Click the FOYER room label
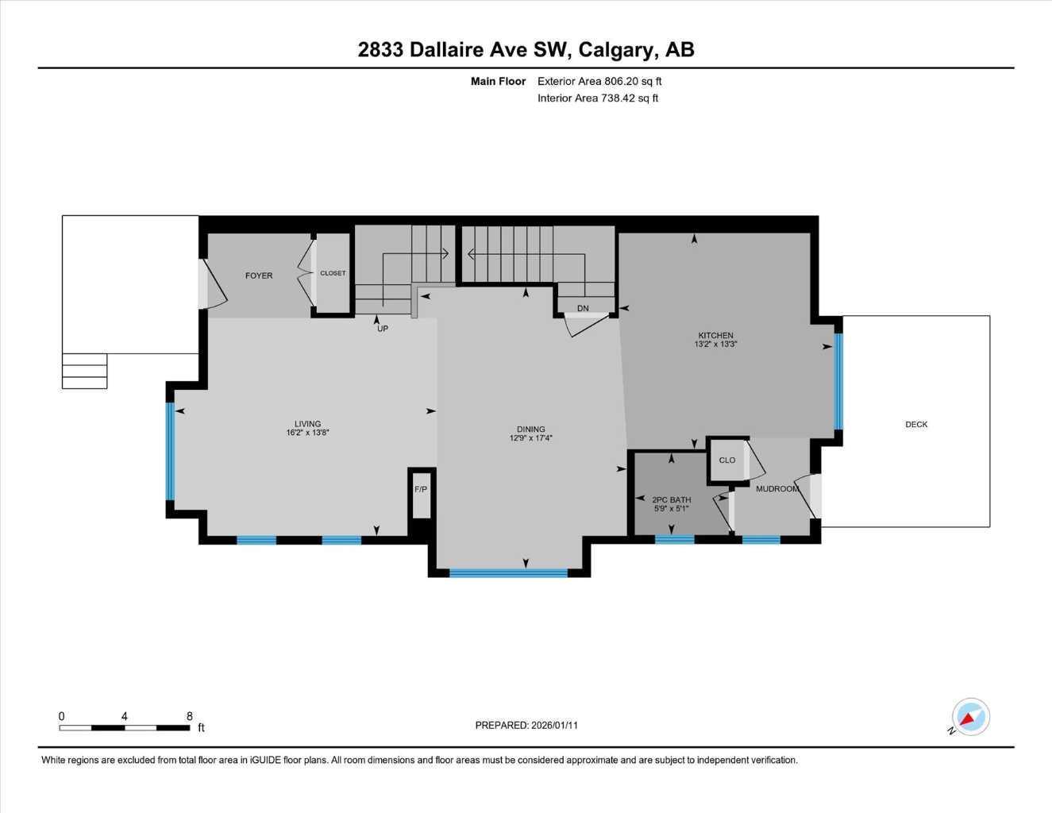[x=259, y=275]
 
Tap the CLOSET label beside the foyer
[x=333, y=273]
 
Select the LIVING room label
[x=308, y=424]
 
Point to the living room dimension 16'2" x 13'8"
[x=308, y=433]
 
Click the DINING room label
[x=531, y=430]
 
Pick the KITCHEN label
[x=715, y=335]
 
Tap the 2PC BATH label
[x=672, y=500]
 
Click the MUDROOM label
[x=776, y=489]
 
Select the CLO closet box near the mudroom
[x=727, y=460]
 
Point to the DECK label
[x=916, y=424]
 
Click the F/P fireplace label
[x=421, y=489]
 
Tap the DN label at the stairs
[x=583, y=308]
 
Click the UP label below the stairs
[x=383, y=329]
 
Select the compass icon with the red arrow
[x=970, y=717]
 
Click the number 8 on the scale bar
[x=190, y=716]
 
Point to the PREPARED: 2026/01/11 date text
[x=526, y=725]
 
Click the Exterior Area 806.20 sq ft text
[x=599, y=81]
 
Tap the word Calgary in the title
[x=617, y=49]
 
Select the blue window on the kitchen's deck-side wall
[x=838, y=381]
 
